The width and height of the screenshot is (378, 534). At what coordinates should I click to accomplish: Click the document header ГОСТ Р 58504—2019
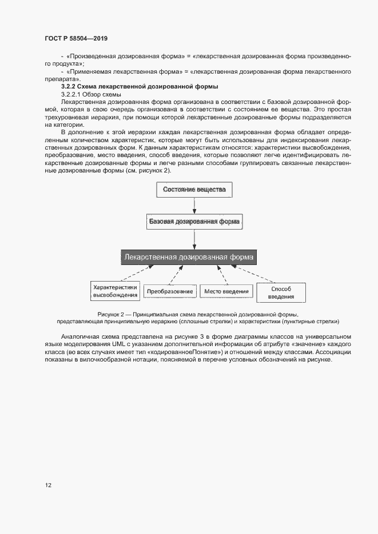[76, 38]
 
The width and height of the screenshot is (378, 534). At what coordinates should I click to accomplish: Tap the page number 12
[48, 485]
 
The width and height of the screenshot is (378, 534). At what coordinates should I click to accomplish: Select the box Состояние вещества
[194, 190]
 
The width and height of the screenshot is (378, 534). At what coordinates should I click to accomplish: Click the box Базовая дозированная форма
[194, 222]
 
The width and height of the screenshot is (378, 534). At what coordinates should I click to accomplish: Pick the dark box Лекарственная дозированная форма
[189, 257]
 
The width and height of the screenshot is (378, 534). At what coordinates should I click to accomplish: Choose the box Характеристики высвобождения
[116, 291]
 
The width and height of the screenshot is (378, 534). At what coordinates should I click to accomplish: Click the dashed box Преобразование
[169, 292]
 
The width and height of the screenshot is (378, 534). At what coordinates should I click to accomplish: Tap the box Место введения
[226, 292]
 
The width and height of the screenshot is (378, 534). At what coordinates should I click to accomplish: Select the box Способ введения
[280, 292]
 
